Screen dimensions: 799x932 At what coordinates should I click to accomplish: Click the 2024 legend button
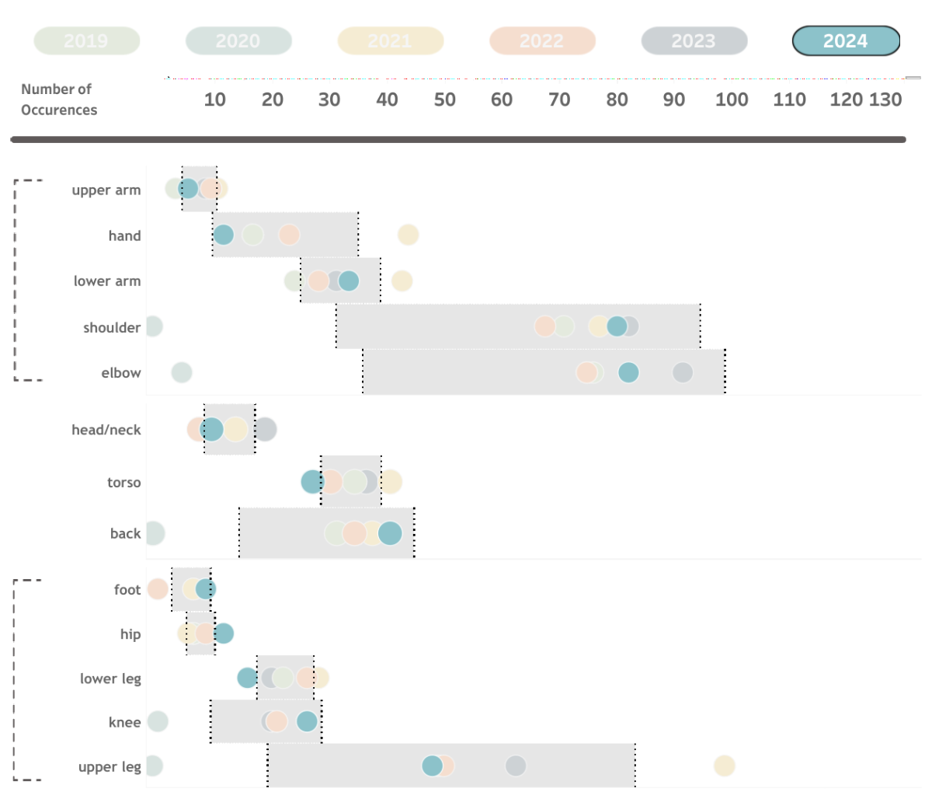coord(846,41)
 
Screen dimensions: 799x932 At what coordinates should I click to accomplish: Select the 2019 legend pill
coord(86,41)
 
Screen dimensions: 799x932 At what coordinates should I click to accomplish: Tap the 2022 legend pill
coord(542,41)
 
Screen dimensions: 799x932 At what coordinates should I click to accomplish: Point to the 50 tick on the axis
coord(444,99)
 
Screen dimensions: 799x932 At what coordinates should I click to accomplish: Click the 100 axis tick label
coord(732,99)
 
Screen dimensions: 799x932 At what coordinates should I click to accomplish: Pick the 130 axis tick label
coord(885,99)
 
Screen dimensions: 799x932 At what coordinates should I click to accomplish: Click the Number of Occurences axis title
coord(59,99)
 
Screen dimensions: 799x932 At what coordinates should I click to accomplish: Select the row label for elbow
coord(121,373)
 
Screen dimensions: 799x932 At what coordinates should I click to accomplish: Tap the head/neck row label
coord(106,430)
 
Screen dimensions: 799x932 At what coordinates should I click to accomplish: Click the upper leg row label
coord(110,767)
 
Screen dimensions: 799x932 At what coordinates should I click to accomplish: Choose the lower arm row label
coord(107,281)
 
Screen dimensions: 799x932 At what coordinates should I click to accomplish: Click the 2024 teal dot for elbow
coord(628,373)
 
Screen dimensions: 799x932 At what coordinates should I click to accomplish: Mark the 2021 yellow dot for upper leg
coord(725,766)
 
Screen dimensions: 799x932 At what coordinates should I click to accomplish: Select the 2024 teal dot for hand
coord(223,235)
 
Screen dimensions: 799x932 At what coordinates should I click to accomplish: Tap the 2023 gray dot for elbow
coord(683,373)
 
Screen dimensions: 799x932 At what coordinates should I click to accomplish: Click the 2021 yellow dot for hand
coord(409,235)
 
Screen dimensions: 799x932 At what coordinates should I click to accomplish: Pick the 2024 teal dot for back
coord(390,533)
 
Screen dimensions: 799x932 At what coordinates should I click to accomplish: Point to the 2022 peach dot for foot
coord(158,589)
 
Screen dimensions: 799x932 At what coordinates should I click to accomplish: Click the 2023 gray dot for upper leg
coord(516,766)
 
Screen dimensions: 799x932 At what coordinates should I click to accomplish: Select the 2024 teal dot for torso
coord(312,482)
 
